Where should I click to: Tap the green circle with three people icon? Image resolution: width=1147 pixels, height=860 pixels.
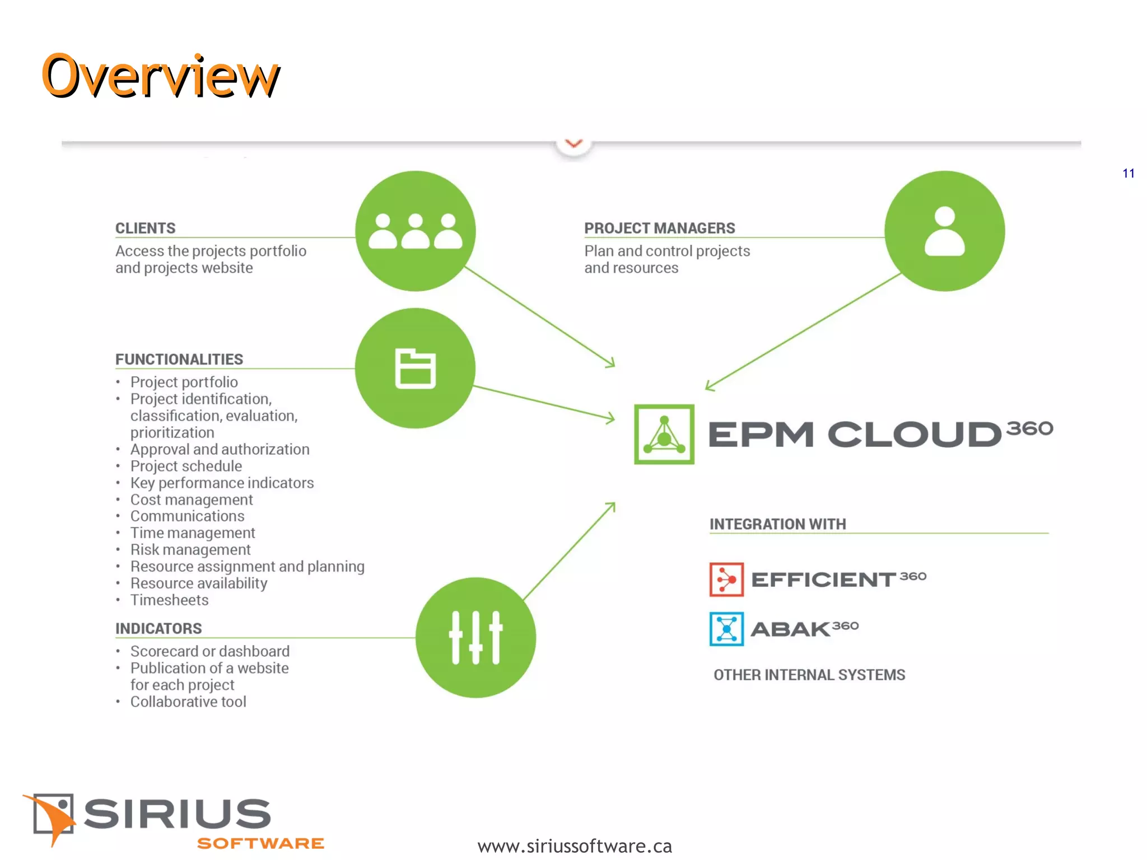(416, 231)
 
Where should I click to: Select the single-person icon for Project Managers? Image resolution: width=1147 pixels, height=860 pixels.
(944, 231)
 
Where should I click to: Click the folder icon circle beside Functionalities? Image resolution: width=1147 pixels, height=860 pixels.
(416, 368)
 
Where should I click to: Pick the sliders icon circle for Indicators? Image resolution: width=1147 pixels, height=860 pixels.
(475, 637)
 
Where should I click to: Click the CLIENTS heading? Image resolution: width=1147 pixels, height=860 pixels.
(146, 228)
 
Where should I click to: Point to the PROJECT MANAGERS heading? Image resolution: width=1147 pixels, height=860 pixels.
(659, 228)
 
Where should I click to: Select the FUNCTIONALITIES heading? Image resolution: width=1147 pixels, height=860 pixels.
(179, 359)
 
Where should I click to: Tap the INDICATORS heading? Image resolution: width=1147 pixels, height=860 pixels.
(158, 629)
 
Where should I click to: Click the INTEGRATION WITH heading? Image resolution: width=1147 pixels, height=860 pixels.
(777, 524)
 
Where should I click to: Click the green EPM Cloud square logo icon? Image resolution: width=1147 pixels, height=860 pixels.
(664, 434)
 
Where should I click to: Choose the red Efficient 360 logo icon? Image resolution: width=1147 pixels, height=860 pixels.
(726, 579)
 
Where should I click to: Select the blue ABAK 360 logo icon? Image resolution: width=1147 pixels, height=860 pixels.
(726, 629)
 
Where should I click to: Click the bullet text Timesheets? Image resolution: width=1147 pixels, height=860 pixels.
(169, 600)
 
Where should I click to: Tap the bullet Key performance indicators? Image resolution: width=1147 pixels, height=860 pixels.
(222, 483)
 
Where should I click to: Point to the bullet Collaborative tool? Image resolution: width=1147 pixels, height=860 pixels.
(188, 702)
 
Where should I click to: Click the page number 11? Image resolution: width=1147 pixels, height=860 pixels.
(1129, 174)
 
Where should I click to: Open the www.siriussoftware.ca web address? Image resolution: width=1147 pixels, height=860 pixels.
(574, 846)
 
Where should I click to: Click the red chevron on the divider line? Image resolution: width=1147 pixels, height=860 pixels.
(573, 144)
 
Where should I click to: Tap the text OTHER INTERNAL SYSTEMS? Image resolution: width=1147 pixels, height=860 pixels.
(809, 675)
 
